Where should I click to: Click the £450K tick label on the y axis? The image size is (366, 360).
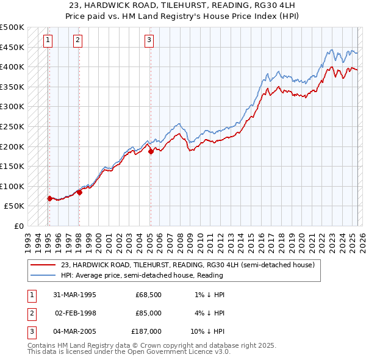click(12, 47)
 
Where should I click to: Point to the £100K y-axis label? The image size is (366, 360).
click(12, 186)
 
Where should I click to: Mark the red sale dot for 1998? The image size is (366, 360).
click(79, 192)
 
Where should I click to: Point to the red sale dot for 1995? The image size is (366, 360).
click(49, 198)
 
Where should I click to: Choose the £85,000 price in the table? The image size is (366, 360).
click(148, 313)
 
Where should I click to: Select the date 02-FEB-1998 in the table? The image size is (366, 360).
click(76, 313)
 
